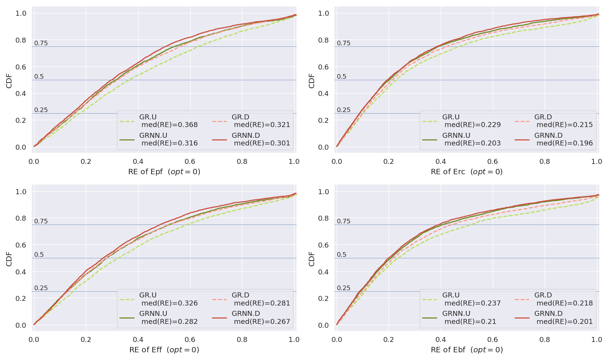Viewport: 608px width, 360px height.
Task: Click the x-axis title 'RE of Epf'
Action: point(164,172)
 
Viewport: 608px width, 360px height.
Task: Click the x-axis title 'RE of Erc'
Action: point(466,172)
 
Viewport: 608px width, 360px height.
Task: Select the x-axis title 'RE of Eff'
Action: point(164,350)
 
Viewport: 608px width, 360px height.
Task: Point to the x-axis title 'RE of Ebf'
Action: point(466,350)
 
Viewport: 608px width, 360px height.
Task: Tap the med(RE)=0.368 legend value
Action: point(170,125)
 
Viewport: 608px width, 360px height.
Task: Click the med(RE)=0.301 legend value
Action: point(262,143)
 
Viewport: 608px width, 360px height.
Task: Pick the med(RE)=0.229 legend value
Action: point(473,125)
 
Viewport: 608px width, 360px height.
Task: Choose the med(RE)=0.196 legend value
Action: point(565,143)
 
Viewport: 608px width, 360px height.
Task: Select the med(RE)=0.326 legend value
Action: point(170,303)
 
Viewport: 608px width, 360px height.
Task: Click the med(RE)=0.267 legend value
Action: point(262,321)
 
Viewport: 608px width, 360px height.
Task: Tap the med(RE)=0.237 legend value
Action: point(473,303)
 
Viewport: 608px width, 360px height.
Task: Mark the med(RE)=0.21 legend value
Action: point(470,321)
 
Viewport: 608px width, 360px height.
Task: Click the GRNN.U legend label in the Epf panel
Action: point(153,135)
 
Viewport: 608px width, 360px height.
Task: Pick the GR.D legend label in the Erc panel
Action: point(543,117)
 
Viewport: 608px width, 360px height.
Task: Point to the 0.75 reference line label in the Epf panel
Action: point(41,43)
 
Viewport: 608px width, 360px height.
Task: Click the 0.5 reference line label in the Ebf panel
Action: point(341,254)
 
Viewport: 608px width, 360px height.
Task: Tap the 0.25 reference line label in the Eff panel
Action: point(41,288)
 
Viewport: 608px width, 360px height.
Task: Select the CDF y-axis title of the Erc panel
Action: point(311,81)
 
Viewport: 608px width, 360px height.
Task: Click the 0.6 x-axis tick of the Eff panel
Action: point(190,340)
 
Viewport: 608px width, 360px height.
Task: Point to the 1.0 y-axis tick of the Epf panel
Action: point(21,13)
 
